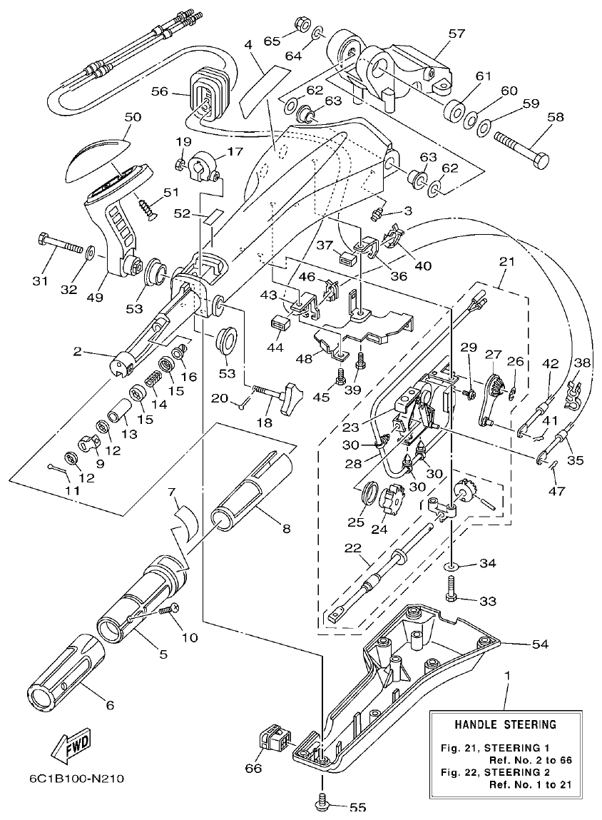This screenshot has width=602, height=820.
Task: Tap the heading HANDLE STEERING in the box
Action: click(x=506, y=725)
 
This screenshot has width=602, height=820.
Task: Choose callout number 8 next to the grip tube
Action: click(x=286, y=529)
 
